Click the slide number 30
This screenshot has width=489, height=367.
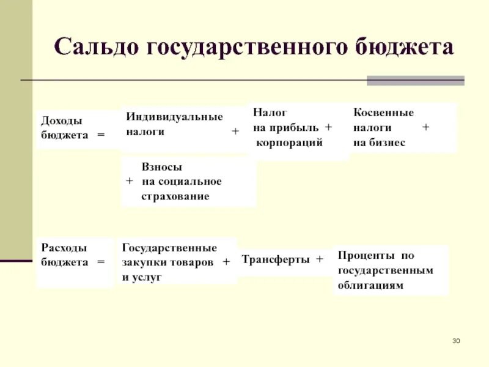[x=456, y=340]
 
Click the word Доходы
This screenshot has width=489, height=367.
[x=61, y=121]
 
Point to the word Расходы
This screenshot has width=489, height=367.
[x=64, y=248]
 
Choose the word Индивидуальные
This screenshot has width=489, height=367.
[x=174, y=117]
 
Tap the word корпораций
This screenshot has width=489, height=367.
[x=289, y=142]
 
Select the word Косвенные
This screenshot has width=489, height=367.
[x=383, y=113]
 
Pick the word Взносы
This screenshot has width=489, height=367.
[x=162, y=166]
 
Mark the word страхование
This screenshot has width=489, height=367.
[x=175, y=196]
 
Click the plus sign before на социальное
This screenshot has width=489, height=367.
[x=129, y=182]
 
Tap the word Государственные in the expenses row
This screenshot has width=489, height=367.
[x=169, y=248]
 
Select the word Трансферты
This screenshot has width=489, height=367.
[x=276, y=259]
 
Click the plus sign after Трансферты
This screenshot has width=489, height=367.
[x=319, y=259]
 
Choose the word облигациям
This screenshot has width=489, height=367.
[x=370, y=285]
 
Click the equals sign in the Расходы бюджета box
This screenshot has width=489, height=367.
[x=101, y=262]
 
